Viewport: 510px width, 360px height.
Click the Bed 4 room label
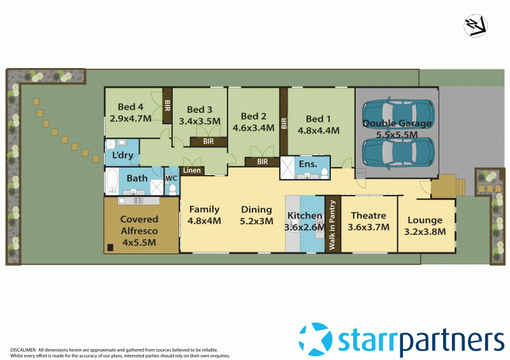(x=130, y=107)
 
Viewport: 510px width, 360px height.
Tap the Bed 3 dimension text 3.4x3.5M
(x=200, y=120)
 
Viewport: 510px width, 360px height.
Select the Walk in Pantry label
(x=331, y=224)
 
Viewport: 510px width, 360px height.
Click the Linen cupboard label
(x=193, y=171)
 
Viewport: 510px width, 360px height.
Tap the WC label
(x=171, y=178)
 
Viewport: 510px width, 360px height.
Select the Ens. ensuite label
(x=308, y=165)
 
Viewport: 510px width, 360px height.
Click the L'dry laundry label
(x=122, y=156)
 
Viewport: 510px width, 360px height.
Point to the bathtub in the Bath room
(x=112, y=182)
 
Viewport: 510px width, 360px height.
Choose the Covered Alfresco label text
(x=140, y=225)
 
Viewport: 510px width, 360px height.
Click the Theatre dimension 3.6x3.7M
(x=368, y=227)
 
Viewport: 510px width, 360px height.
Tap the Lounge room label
(x=425, y=220)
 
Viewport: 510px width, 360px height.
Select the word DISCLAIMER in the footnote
(x=23, y=350)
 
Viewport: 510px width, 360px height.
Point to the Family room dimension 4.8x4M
(x=204, y=221)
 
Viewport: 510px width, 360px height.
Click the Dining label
(x=256, y=209)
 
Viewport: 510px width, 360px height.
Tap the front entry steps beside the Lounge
(x=458, y=186)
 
